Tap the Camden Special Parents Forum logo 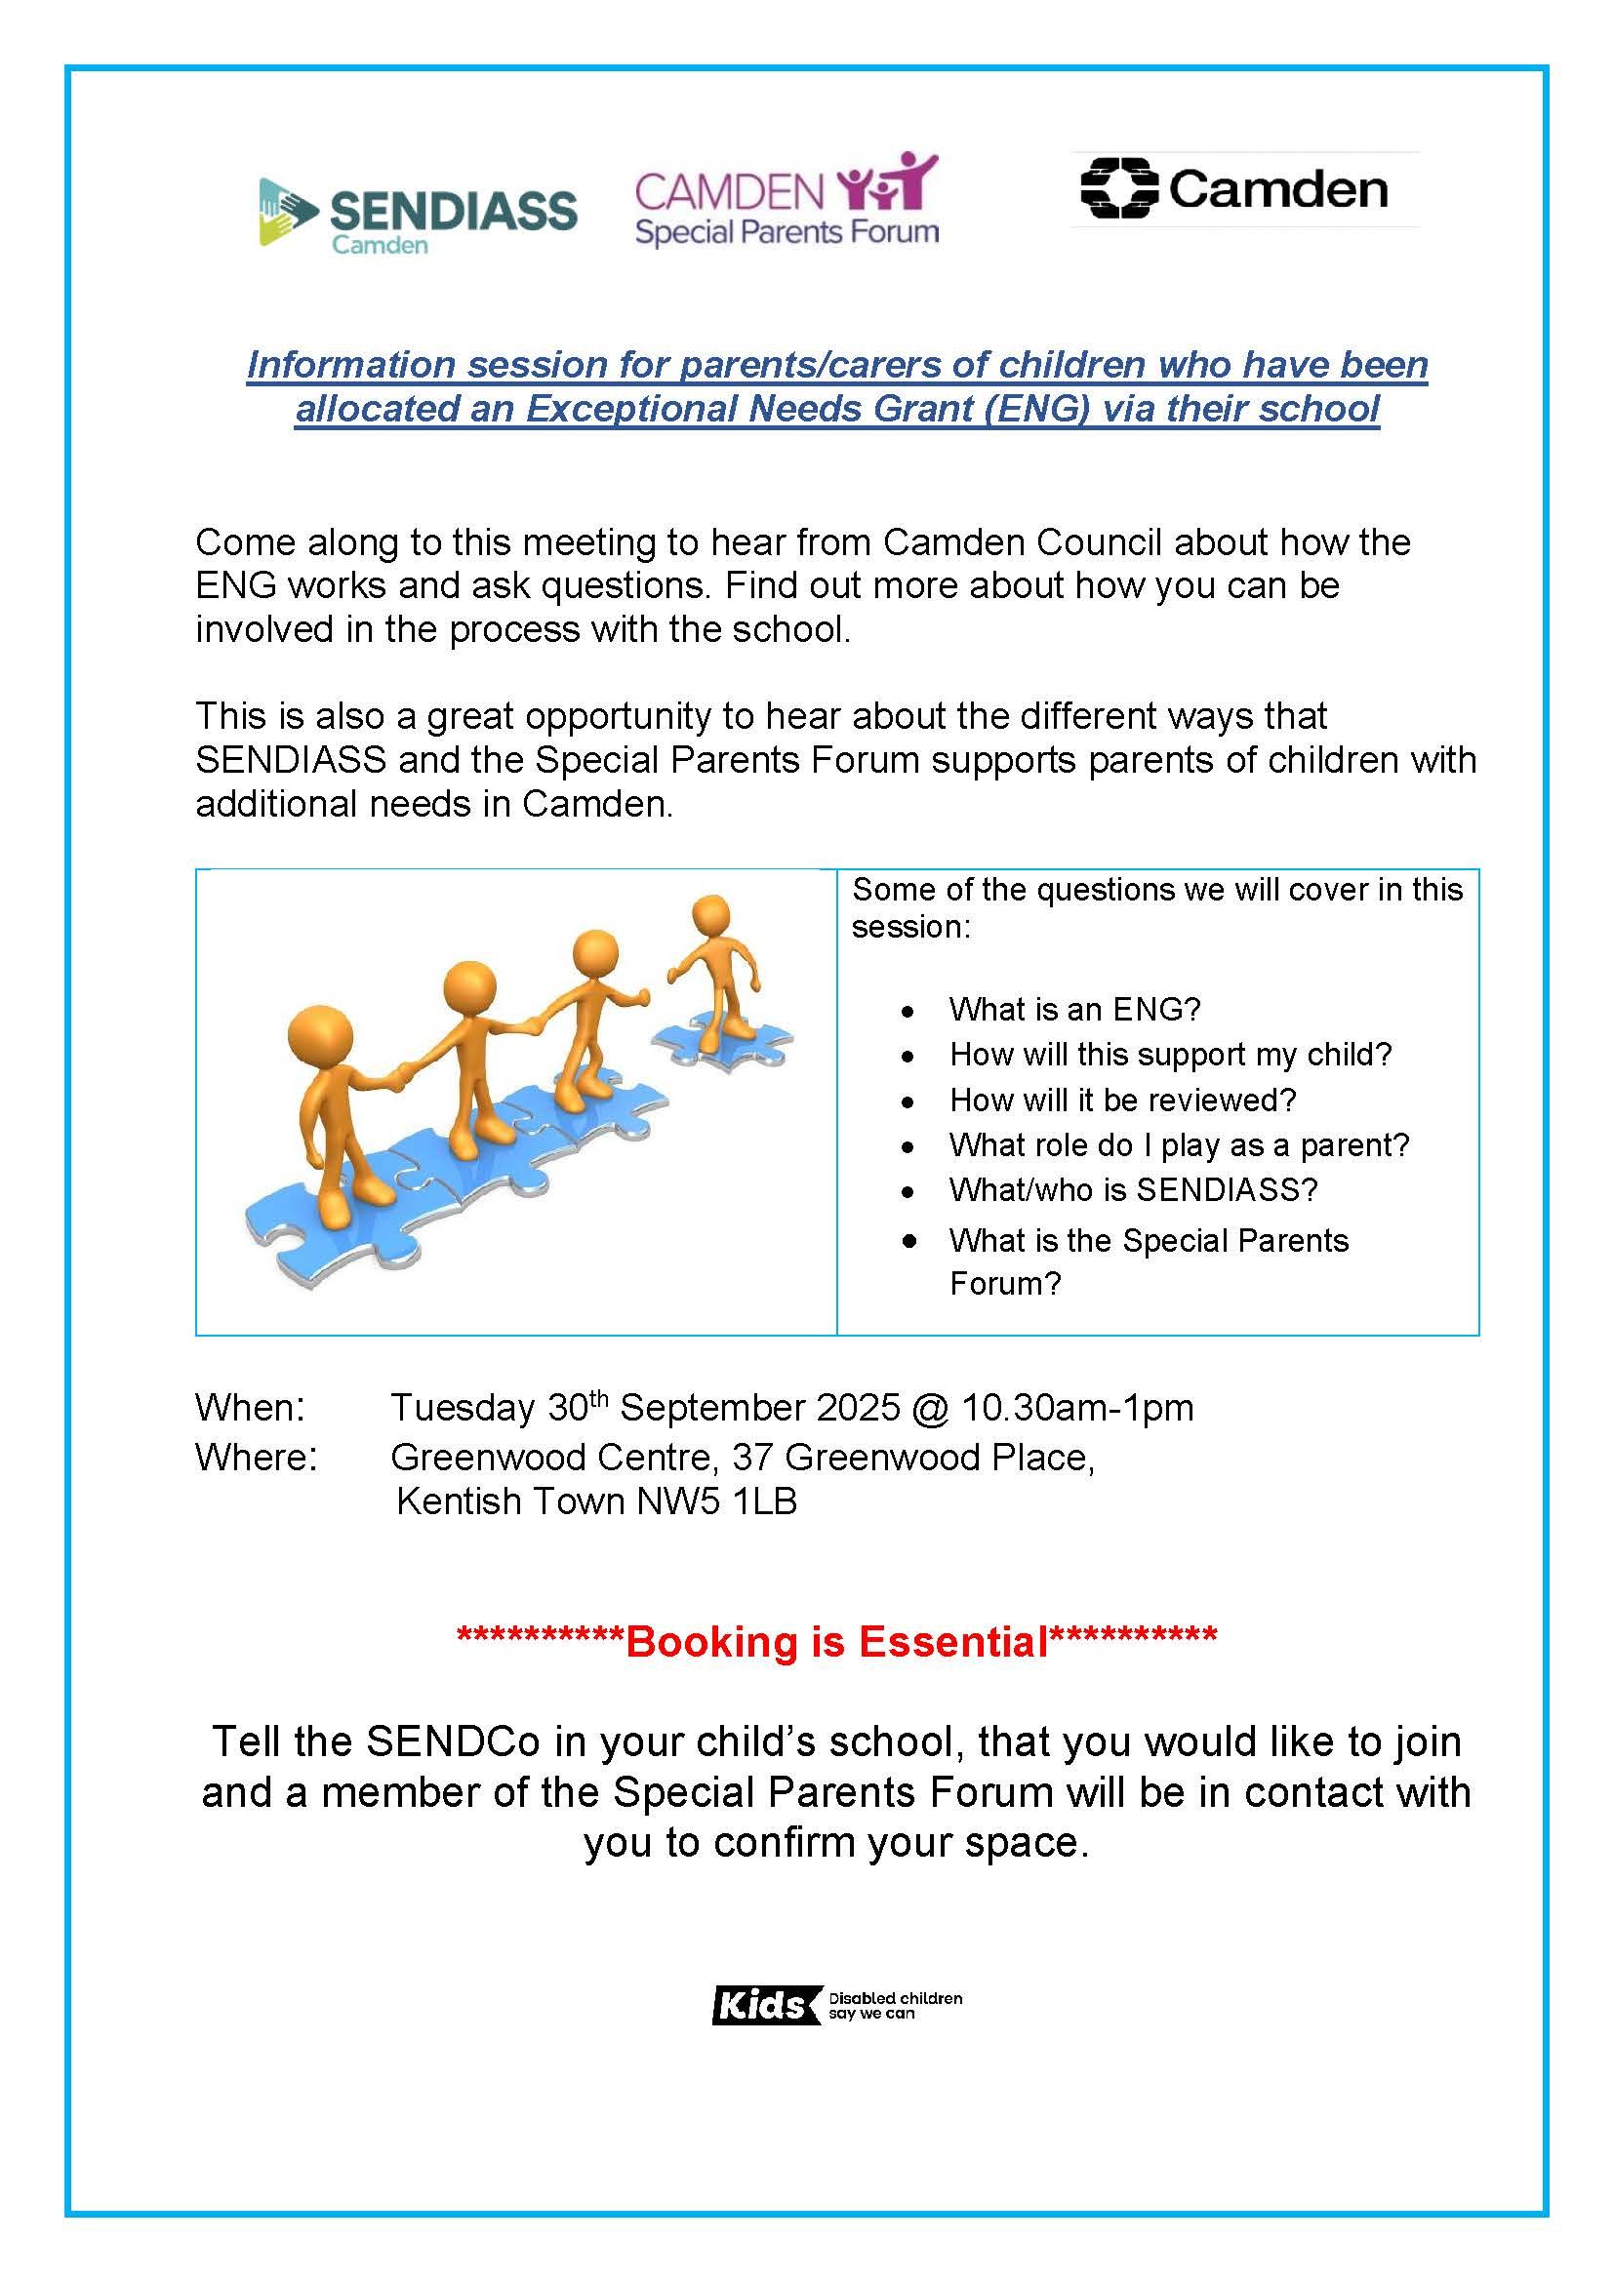pyautogui.click(x=787, y=200)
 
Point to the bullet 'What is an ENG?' pyautogui.click(x=1074, y=1009)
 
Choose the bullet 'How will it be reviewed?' pyautogui.click(x=1122, y=1100)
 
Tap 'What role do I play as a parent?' pyautogui.click(x=1179, y=1145)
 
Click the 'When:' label pyautogui.click(x=251, y=1408)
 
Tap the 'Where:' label pyautogui.click(x=257, y=1457)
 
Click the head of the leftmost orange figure pyautogui.click(x=320, y=1034)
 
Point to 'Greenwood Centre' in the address pyautogui.click(x=554, y=1457)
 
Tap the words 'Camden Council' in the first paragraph pyautogui.click(x=1022, y=541)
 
